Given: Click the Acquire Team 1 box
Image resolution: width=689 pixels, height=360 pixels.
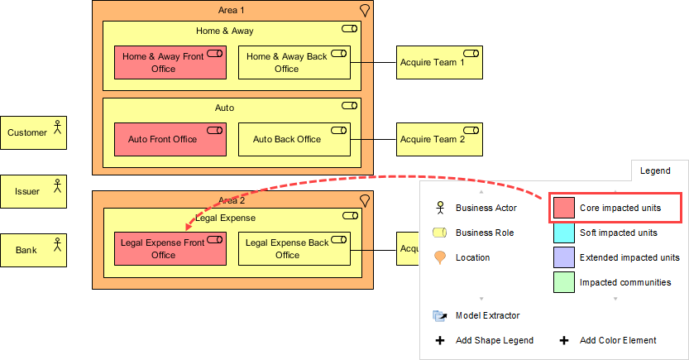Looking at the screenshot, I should [x=439, y=63].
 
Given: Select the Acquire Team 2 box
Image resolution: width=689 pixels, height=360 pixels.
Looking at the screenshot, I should [x=439, y=140].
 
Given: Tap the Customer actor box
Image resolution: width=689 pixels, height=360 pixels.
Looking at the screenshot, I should [x=34, y=132].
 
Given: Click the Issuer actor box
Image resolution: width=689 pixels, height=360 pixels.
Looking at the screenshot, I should [x=34, y=191].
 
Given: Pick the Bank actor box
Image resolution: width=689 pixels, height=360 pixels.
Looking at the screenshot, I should [x=34, y=250].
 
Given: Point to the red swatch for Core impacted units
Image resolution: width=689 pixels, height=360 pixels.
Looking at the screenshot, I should [x=563, y=208].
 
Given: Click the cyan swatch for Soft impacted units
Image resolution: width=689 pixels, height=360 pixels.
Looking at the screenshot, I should [x=563, y=233].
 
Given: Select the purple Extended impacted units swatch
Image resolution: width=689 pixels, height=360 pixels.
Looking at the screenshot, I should [x=563, y=257].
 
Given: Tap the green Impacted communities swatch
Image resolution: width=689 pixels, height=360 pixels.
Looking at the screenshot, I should [x=563, y=282].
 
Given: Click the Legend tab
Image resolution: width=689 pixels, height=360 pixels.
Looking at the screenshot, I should [x=655, y=170].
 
